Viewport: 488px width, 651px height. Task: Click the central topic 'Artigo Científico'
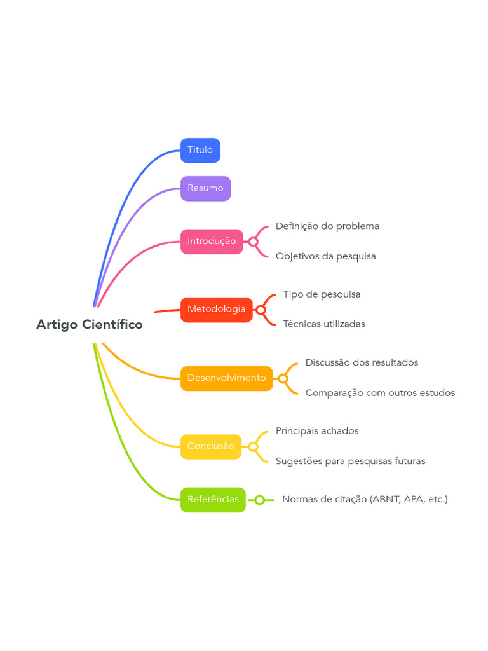(x=90, y=324)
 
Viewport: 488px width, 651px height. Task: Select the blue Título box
(x=200, y=150)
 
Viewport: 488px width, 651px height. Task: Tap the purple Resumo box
(x=205, y=188)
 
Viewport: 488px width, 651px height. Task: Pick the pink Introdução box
(x=212, y=242)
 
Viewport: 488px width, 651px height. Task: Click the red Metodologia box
(x=217, y=310)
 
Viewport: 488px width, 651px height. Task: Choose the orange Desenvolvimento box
(x=227, y=378)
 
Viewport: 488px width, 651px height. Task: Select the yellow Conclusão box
(x=211, y=447)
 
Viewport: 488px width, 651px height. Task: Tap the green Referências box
(x=213, y=500)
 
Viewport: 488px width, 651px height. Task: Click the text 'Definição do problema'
(x=327, y=226)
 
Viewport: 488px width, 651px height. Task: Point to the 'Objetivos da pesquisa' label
(x=326, y=257)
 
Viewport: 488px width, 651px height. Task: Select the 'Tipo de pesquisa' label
(x=322, y=295)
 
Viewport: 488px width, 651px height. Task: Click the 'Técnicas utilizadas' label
(x=324, y=324)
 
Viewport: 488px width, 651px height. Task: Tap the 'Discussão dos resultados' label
(x=362, y=363)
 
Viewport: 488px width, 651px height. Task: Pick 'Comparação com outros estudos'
(x=380, y=393)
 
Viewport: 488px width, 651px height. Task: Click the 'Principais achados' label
(x=317, y=432)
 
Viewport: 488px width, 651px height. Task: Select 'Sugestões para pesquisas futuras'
(x=351, y=462)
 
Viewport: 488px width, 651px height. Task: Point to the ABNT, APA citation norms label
(x=365, y=500)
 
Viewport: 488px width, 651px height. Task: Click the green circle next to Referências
(x=260, y=500)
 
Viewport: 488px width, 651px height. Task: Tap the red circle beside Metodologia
(x=261, y=310)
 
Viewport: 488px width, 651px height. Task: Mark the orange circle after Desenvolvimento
(x=283, y=378)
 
